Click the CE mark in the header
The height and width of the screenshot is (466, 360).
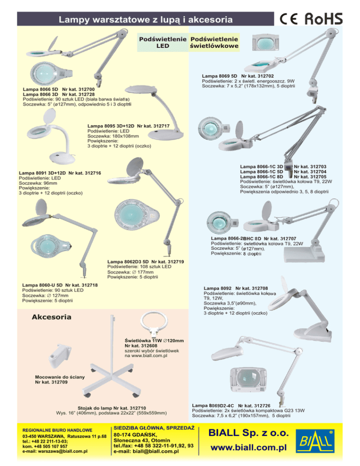tap(289, 19)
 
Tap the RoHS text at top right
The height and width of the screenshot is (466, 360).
tap(323, 19)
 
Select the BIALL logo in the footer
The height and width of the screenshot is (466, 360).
tap(315, 441)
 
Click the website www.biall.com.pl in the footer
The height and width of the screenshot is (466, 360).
tap(248, 447)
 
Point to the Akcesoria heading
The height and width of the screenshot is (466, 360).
tap(52, 317)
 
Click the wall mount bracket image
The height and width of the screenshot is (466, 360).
tap(60, 355)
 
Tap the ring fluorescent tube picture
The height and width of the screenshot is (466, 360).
tap(154, 324)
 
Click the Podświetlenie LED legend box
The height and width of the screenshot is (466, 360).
tap(163, 43)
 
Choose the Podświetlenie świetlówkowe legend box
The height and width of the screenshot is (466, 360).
tap(214, 43)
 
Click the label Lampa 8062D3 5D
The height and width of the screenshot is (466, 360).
tap(128, 262)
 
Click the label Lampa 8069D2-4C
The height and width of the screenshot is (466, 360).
tap(213, 406)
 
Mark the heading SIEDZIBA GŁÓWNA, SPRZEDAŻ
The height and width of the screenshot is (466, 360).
tap(154, 428)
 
